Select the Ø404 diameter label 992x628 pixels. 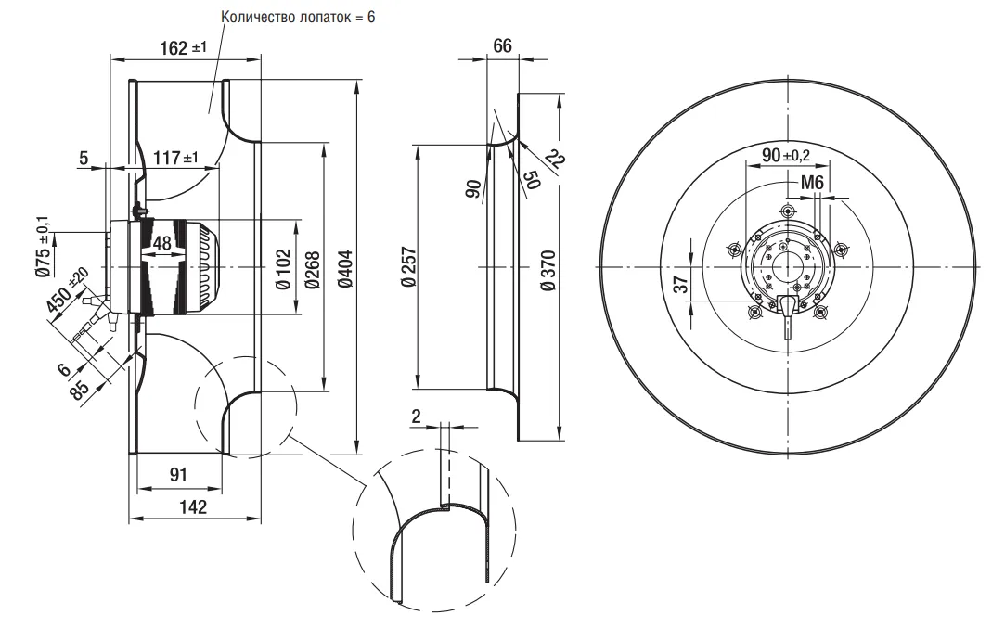click(x=344, y=269)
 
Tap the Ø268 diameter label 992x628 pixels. click(x=312, y=269)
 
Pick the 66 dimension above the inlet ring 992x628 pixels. click(x=502, y=46)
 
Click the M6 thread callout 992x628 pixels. click(x=812, y=184)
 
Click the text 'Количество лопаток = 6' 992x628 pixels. click(x=297, y=18)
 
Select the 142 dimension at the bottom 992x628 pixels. click(x=194, y=506)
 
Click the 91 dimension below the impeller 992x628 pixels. click(x=178, y=474)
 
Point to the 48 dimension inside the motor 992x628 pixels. click(x=161, y=244)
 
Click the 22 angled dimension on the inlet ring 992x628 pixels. click(x=555, y=160)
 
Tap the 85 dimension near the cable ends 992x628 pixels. click(x=82, y=388)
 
